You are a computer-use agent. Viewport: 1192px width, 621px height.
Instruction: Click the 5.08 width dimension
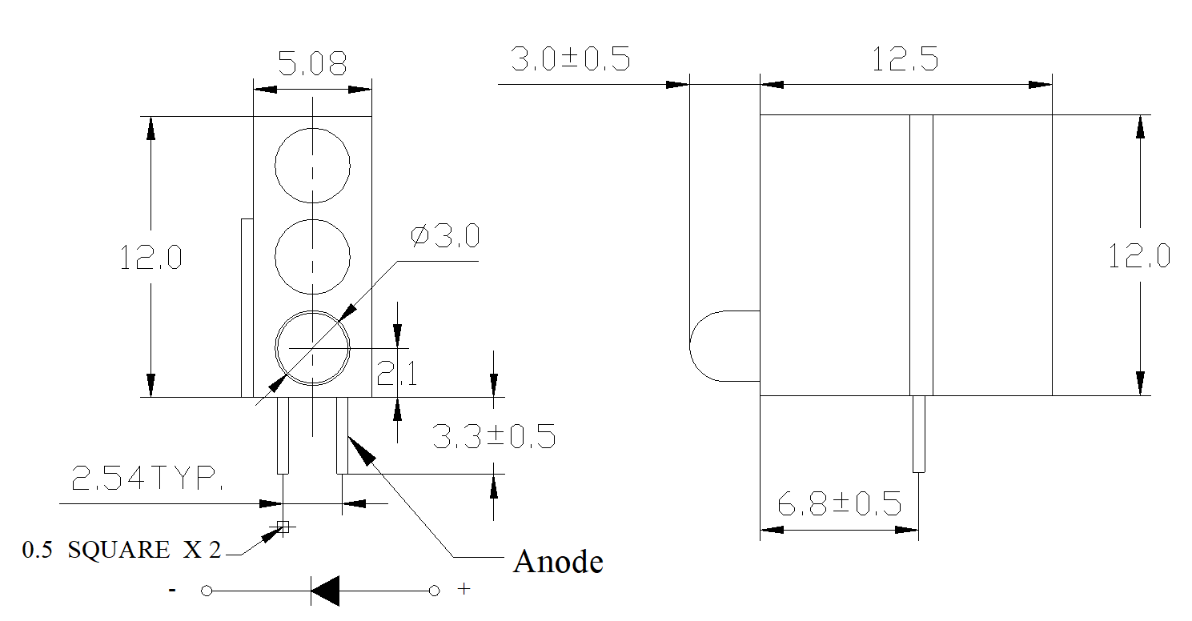[x=312, y=62]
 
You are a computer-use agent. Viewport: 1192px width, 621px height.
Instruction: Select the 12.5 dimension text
[x=905, y=58]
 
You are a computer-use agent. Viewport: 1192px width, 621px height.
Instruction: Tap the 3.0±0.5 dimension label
[x=571, y=58]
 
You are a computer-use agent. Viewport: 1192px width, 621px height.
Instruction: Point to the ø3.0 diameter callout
[x=445, y=236]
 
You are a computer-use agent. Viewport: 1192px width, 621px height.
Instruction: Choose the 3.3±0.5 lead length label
[x=494, y=436]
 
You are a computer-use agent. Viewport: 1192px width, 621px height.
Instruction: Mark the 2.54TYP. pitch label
[x=147, y=477]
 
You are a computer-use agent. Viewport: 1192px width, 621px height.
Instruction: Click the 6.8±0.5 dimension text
[x=840, y=503]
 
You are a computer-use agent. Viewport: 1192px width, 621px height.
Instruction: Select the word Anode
[x=558, y=562]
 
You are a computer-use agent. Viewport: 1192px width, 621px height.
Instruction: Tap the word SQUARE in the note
[x=118, y=550]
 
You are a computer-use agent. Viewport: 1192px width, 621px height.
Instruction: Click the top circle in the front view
[x=275, y=166]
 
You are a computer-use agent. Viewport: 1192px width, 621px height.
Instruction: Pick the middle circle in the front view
[x=275, y=257]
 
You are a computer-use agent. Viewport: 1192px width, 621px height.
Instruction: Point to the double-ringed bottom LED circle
[x=275, y=349]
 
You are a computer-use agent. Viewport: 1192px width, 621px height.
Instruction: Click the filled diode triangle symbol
[x=325, y=591]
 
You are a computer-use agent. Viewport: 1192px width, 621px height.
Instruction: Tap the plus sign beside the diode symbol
[x=464, y=588]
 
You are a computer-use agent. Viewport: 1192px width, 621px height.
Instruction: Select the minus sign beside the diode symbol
[x=172, y=590]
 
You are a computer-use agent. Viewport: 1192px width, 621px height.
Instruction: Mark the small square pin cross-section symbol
[x=283, y=527]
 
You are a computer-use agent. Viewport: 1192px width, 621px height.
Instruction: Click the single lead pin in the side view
[x=919, y=435]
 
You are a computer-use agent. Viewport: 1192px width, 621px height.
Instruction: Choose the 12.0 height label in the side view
[x=1139, y=257]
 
